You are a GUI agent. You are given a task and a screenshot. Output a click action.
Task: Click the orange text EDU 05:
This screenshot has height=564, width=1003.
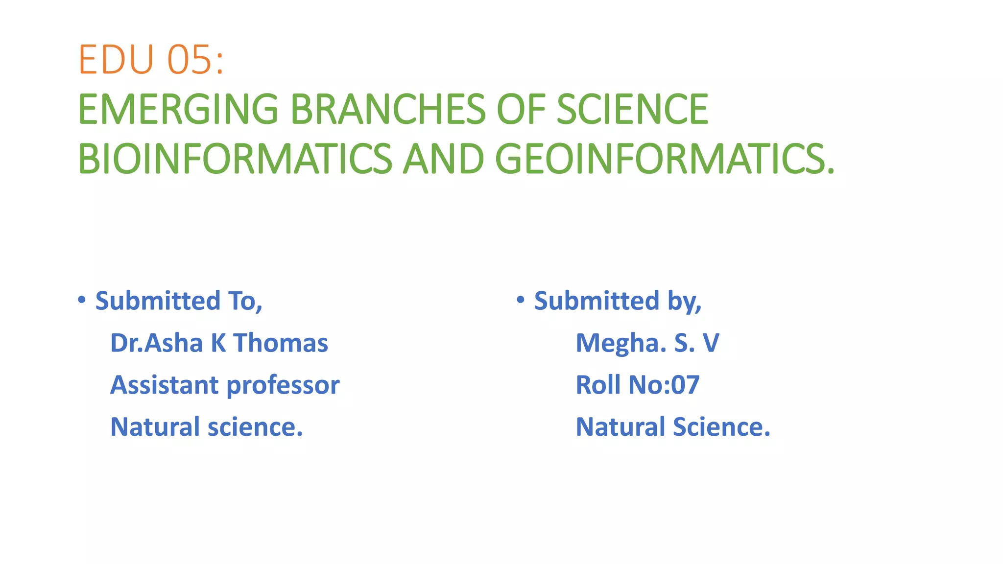pos(151,60)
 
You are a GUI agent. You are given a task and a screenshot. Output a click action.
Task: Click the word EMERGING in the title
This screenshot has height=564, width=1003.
pos(178,109)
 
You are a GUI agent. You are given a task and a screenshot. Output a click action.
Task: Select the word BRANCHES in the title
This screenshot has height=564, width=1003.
pos(388,109)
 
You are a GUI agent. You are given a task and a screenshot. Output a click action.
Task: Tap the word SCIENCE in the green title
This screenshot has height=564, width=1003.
pos(632,109)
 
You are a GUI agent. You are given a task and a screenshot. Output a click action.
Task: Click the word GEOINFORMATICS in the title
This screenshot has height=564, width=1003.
pos(665,159)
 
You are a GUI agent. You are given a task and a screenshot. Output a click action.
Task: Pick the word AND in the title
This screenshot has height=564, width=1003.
pos(443,159)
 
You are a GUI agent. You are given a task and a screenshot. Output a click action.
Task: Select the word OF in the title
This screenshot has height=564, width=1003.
pos(521,109)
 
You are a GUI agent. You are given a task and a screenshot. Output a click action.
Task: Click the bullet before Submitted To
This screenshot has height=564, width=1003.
pos(82,299)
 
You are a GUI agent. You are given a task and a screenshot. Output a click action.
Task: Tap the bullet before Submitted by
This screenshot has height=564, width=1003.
pos(521,299)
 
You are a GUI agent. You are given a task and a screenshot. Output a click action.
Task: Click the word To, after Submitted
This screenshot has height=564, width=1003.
pos(245,301)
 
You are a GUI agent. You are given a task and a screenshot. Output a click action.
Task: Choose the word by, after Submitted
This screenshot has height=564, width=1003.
pos(685,302)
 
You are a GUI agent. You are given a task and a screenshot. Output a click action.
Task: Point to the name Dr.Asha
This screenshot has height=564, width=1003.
pos(156,343)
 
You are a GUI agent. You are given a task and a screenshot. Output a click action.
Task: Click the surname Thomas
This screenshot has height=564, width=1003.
pos(281,343)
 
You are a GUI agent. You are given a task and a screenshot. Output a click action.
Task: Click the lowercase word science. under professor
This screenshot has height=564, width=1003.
pos(255,427)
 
